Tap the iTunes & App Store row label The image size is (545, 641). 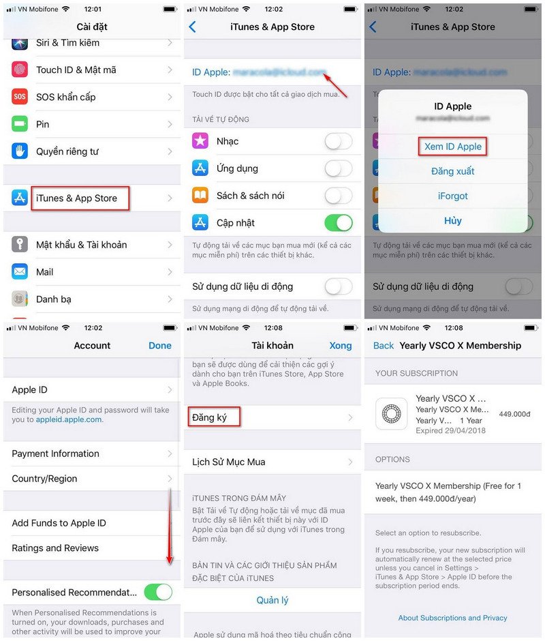click(x=76, y=198)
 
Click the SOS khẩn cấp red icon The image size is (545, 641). click(x=20, y=97)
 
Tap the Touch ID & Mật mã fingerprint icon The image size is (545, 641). click(x=20, y=70)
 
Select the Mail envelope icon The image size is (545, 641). click(x=20, y=272)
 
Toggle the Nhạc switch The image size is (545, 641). click(x=339, y=141)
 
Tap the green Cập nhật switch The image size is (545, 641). click(x=339, y=223)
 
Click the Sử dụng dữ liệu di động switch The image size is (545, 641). click(x=339, y=286)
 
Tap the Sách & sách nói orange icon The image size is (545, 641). click(x=200, y=196)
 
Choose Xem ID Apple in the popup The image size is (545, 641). click(x=453, y=147)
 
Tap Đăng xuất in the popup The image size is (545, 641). click(x=453, y=171)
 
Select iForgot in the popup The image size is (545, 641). click(x=453, y=196)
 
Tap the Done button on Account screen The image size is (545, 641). click(x=160, y=346)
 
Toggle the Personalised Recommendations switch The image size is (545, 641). click(x=158, y=592)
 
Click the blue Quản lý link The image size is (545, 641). click(x=272, y=600)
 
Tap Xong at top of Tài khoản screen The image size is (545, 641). click(x=341, y=346)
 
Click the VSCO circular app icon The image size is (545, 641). click(x=392, y=413)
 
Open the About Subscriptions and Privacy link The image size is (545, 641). click(x=453, y=618)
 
